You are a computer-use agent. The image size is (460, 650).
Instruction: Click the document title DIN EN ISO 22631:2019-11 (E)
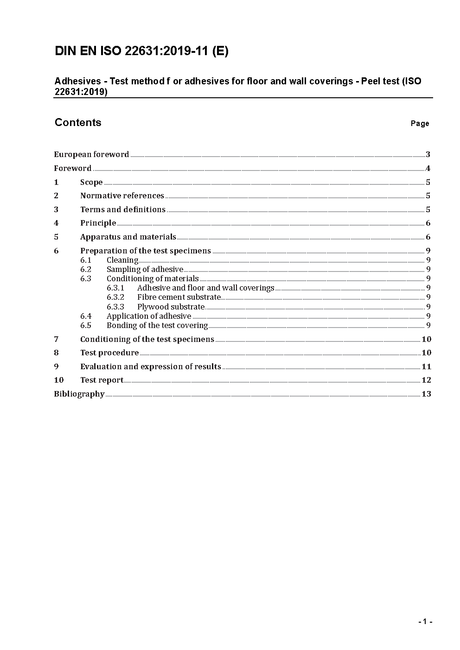pos(141,51)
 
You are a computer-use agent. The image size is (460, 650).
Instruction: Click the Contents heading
pos(78,122)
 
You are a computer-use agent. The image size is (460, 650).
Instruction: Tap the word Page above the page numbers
pos(420,123)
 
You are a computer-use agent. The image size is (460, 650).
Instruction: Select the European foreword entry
pos(91,154)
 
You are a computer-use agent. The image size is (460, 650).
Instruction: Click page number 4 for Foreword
pos(428,168)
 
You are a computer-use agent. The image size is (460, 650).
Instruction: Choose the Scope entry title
pos(91,182)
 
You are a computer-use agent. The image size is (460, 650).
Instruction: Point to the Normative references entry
pos(122,196)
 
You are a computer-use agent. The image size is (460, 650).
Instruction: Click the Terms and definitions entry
pos(122,209)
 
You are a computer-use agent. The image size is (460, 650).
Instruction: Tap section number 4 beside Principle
pos(56,223)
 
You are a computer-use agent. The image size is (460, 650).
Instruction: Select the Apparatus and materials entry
pos(128,237)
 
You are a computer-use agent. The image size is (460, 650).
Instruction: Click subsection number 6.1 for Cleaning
pos(86,260)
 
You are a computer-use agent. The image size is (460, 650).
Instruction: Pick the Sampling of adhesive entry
pos(145,269)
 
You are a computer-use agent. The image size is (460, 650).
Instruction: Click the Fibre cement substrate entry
pos(179,297)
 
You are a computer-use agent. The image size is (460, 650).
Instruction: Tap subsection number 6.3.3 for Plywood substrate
pos(115,307)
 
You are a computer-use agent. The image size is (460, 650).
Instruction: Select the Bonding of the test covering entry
pos(157,325)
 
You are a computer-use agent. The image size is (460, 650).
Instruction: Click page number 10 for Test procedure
pos(426,353)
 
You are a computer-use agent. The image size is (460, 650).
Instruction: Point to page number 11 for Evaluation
pos(426,366)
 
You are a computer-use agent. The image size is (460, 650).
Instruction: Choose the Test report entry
pos(102,380)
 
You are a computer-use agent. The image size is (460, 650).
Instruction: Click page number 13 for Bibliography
pos(426,394)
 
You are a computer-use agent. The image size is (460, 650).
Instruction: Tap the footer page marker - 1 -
pos(425,622)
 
